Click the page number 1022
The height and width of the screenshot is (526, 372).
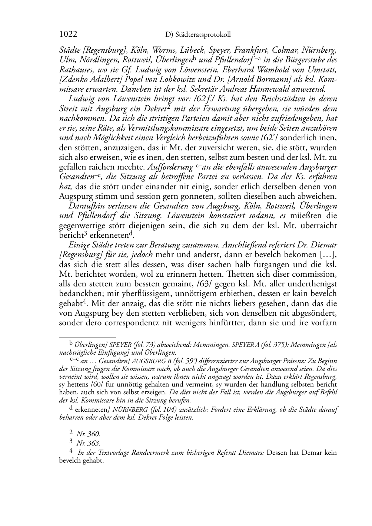click(x=68, y=34)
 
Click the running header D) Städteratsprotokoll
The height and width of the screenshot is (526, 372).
click(x=198, y=34)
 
